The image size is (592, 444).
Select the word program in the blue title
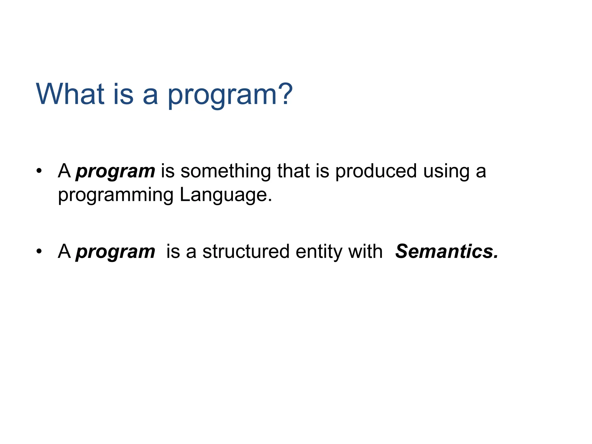(222, 95)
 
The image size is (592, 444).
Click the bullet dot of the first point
(39, 171)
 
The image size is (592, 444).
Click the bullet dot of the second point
(39, 251)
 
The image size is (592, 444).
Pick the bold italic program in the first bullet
(115, 172)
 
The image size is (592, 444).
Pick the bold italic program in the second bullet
(115, 252)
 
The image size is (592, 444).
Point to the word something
(225, 171)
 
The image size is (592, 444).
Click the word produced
(376, 171)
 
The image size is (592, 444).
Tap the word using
(446, 172)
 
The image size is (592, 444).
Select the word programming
(116, 195)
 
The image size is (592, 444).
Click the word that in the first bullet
(293, 171)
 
